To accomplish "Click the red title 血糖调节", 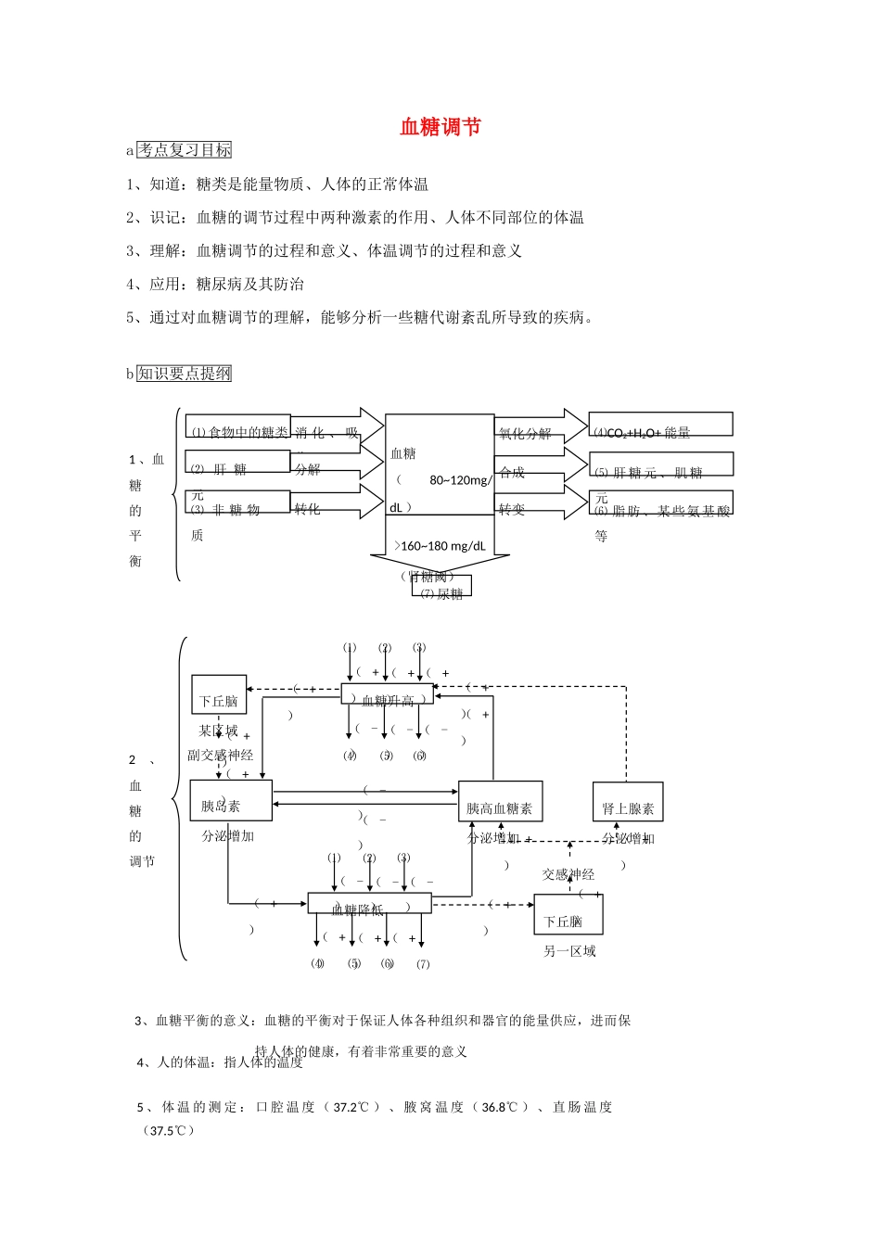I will pos(440,127).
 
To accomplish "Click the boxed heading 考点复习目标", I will pos(184,150).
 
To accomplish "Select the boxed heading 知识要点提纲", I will pos(184,374).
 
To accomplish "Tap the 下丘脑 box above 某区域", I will pos(219,695).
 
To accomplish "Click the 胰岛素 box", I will pos(231,801).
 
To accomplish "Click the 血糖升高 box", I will pos(388,694).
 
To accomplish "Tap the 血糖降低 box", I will pos(369,904).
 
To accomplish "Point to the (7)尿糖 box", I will pos(441,587).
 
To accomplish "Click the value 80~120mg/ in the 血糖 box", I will pos(461,480).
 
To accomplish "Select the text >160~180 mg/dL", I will pos(440,546).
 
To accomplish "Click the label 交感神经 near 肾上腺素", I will pos(568,874).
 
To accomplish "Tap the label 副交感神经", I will pos(221,755).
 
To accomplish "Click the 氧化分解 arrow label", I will pos(525,433).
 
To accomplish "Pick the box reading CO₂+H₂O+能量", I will pos(660,425).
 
